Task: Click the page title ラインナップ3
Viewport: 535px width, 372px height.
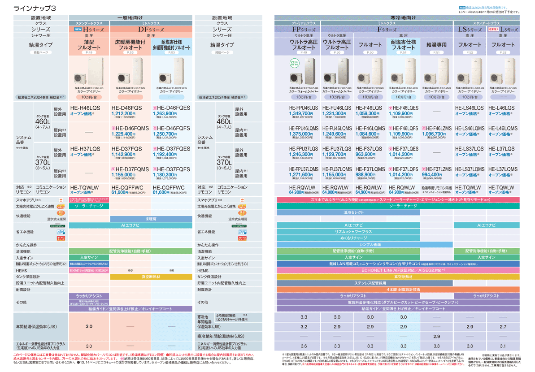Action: pos(35,9)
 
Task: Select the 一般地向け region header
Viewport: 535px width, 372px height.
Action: pos(130,17)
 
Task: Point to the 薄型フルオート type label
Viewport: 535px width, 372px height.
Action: pos(88,44)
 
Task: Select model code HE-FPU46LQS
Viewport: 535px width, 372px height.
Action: pos(298,108)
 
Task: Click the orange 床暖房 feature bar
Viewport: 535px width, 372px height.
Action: pos(151,219)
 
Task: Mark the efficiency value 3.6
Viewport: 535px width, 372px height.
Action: pos(304,346)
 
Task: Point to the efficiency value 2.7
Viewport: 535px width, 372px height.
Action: pos(503,327)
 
